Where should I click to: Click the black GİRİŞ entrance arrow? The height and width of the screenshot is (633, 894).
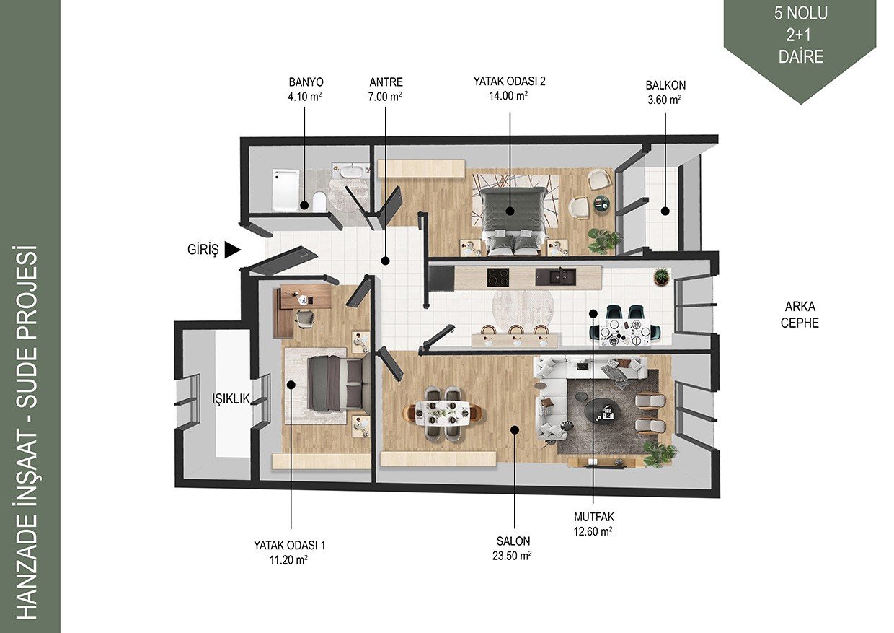click(x=233, y=250)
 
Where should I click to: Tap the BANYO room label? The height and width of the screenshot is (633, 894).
click(x=306, y=82)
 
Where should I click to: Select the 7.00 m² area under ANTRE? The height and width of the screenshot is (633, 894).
click(x=385, y=97)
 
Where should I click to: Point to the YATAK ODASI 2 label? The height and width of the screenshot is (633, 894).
click(x=509, y=82)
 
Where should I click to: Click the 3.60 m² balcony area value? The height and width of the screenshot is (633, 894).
click(x=665, y=100)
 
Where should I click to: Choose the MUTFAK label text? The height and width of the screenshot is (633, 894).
click(x=594, y=517)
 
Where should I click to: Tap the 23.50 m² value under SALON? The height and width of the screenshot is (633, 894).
click(x=512, y=556)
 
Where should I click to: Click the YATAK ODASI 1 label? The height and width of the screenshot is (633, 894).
click(x=289, y=545)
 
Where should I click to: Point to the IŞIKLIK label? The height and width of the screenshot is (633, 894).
click(x=231, y=398)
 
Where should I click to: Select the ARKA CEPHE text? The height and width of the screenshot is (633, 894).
click(x=800, y=315)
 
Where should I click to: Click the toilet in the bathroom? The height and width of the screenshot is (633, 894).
click(x=319, y=201)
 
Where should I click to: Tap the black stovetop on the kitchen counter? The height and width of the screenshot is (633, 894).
click(x=498, y=277)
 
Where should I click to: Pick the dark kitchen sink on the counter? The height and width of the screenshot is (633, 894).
click(x=556, y=277)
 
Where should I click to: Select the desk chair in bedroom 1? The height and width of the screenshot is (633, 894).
click(x=305, y=319)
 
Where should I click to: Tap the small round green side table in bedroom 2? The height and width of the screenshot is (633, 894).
click(x=602, y=203)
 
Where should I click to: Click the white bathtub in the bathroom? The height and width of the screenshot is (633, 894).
click(x=286, y=191)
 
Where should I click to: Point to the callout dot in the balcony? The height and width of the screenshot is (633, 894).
click(x=665, y=211)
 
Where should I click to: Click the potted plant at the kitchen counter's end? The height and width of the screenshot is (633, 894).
click(x=662, y=276)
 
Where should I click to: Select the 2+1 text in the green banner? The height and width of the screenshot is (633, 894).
click(x=800, y=36)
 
